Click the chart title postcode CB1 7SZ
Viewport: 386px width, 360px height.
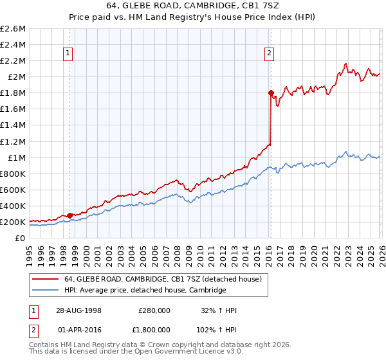[x=263, y=6]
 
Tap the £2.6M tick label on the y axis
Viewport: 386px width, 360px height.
[x=13, y=29]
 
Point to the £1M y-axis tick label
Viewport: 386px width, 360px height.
[x=15, y=157]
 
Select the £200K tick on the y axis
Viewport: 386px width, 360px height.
[x=13, y=222]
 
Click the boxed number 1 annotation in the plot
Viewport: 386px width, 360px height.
[x=68, y=54]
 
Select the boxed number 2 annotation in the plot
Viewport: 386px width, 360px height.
[x=269, y=54]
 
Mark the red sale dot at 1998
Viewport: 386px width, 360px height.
[x=69, y=215]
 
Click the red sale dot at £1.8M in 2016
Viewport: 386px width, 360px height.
[x=270, y=93]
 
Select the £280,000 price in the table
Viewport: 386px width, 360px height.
[x=154, y=310]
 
